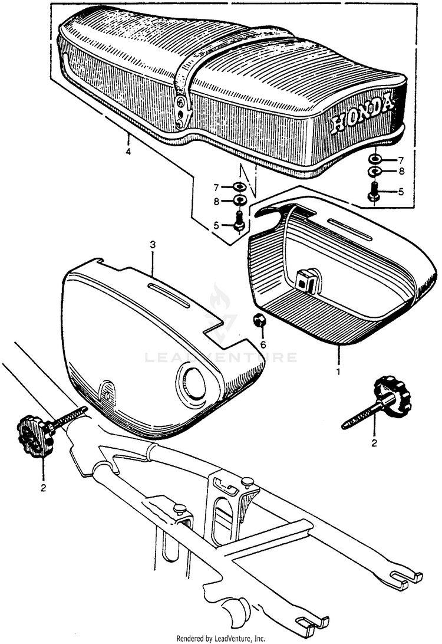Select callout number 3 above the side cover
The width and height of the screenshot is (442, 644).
[x=152, y=244]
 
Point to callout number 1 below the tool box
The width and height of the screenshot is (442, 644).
[x=338, y=373]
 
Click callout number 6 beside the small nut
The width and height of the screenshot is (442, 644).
[x=263, y=344]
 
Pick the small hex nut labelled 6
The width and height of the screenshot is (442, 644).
[x=259, y=320]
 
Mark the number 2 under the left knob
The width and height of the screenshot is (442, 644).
[x=42, y=488]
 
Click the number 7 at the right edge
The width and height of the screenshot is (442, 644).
[x=401, y=160]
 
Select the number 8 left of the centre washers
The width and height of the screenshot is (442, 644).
[x=217, y=201]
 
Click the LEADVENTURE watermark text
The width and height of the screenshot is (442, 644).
[x=221, y=357]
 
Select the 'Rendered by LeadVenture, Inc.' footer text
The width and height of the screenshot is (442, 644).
[x=221, y=638]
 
